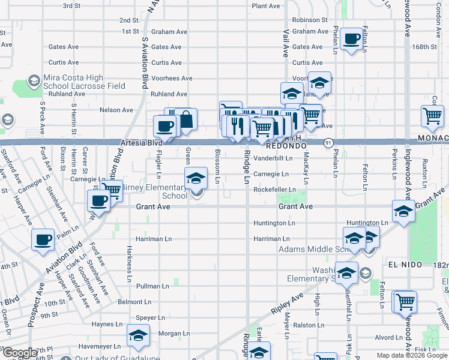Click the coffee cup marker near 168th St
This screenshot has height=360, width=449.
[352, 40]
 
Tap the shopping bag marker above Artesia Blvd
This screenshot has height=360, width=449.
[186, 119]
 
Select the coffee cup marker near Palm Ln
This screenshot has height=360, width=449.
[43, 241]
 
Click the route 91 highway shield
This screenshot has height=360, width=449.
[328, 143]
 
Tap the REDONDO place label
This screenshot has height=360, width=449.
[287, 146]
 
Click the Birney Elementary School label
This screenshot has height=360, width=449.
[154, 191]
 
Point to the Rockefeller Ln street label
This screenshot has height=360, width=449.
[274, 190]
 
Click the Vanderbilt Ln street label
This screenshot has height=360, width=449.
[273, 158]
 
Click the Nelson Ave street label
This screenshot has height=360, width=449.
[116, 110]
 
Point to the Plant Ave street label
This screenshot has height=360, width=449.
[266, 6]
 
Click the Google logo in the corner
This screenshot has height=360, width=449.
[20, 353]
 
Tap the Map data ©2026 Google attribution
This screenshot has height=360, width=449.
[412, 355]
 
